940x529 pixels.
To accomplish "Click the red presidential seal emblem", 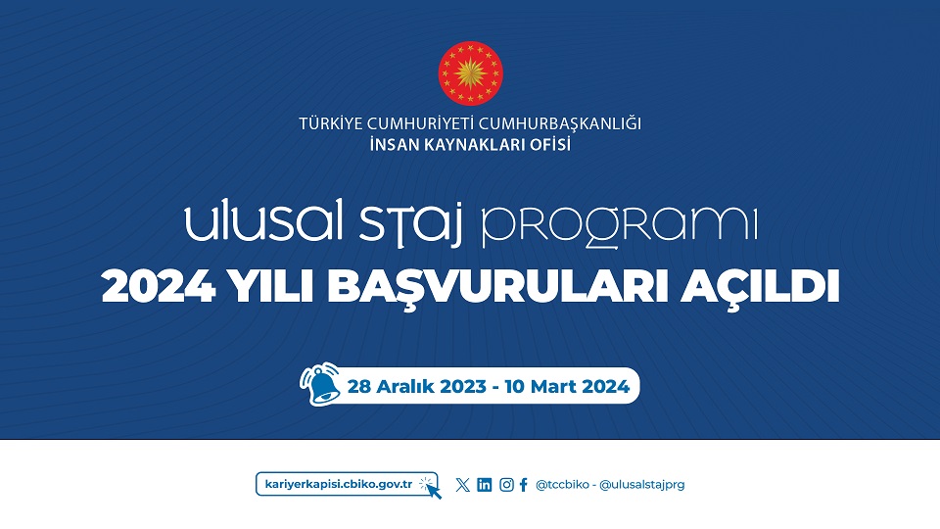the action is tap(471, 73).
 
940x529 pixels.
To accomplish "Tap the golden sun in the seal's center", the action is tap(471, 73).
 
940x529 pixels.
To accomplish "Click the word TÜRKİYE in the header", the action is tap(331, 123).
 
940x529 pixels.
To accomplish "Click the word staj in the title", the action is tap(411, 223).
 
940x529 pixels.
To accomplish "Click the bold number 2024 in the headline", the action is tap(159, 286).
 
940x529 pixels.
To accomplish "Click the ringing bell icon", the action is tap(321, 384).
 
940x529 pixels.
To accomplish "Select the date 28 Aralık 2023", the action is tap(417, 386).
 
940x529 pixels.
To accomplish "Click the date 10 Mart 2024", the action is tap(567, 386).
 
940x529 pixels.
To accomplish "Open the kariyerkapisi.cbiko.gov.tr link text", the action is tap(339, 484).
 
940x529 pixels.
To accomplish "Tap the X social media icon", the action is tap(463, 485).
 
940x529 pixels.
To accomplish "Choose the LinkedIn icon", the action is tap(485, 485).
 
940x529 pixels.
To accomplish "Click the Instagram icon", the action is tap(506, 485).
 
